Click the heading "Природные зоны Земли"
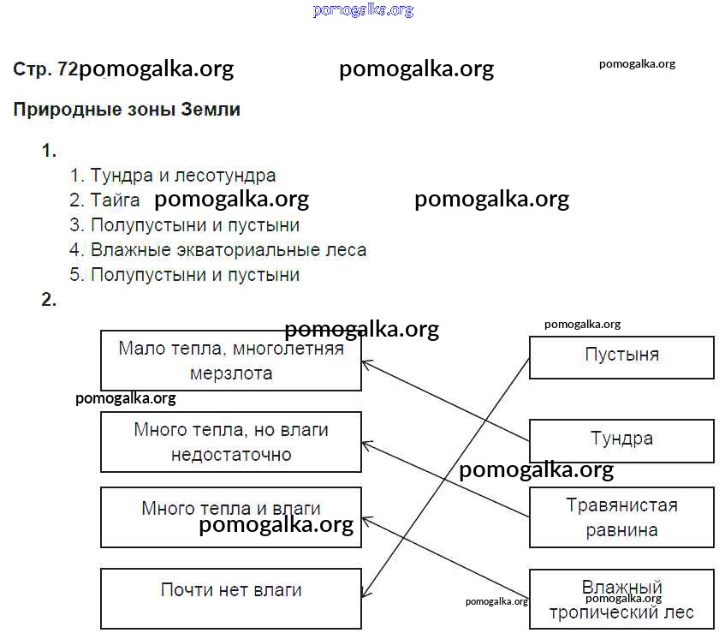click(x=127, y=110)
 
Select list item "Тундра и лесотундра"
click(x=183, y=176)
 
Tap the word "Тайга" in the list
click(x=116, y=200)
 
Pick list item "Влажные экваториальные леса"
click(x=229, y=250)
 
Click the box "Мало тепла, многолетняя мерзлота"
click(x=230, y=361)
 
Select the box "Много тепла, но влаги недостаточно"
click(x=230, y=441)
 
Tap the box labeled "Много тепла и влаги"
click(x=230, y=516)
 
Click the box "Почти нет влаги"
click(x=230, y=597)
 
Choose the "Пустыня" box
click(x=621, y=356)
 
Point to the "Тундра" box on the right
click(x=621, y=440)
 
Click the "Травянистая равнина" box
click(x=621, y=517)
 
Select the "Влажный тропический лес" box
click(x=621, y=600)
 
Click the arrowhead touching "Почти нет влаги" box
click(x=365, y=593)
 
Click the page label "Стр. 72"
click(x=45, y=70)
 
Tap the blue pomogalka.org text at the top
click(x=363, y=10)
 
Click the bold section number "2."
click(x=49, y=300)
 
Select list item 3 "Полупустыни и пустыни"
click(x=195, y=225)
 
